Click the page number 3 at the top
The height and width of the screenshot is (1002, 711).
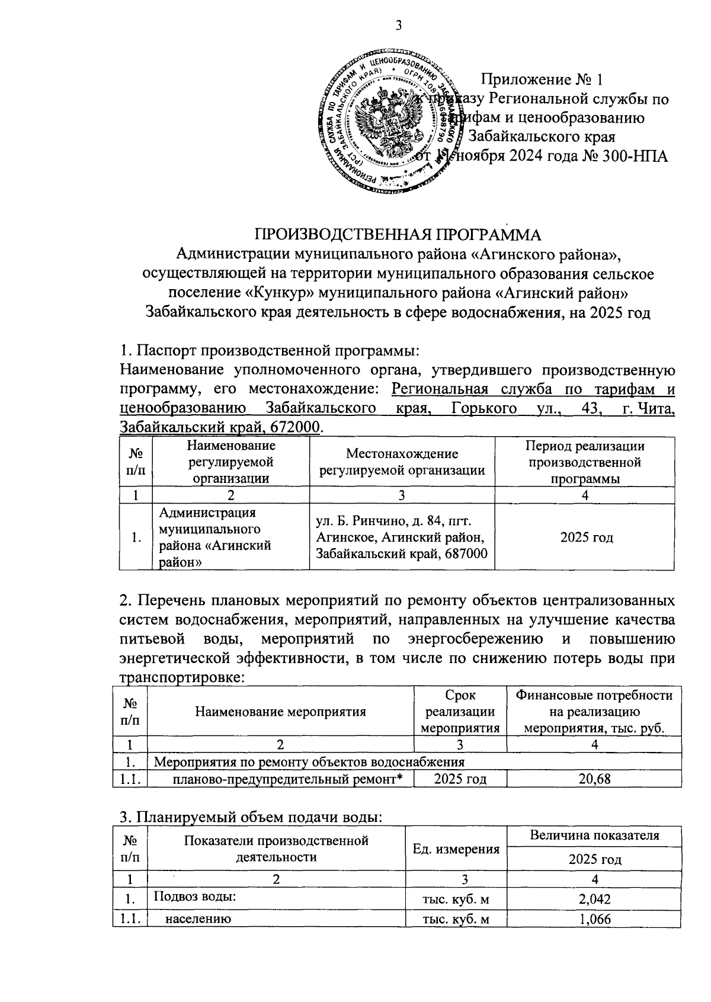(x=398, y=25)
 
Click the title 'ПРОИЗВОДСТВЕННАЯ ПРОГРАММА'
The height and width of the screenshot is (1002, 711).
(x=398, y=234)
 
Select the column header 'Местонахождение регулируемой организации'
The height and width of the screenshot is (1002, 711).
(x=402, y=462)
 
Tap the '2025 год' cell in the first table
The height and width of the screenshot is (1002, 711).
(x=585, y=537)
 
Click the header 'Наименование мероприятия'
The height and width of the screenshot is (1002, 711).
(x=280, y=712)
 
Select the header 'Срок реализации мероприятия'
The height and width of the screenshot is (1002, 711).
(x=460, y=712)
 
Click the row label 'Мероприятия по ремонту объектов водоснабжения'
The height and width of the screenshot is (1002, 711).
(x=309, y=761)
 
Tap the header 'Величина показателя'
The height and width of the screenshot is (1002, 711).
(x=594, y=835)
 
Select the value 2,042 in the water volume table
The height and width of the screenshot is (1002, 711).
(x=594, y=899)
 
